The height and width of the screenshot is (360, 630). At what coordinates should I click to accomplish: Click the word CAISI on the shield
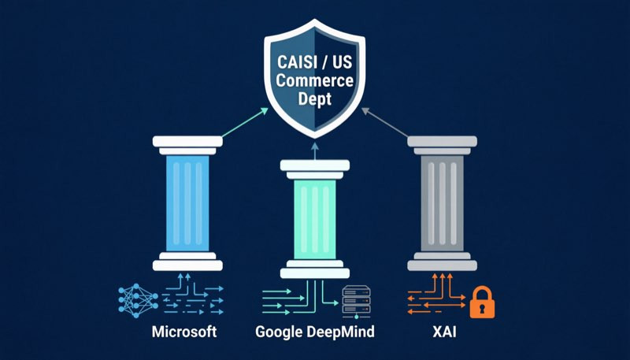[x=298, y=62]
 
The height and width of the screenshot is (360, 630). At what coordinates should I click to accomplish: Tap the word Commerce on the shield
[x=314, y=80]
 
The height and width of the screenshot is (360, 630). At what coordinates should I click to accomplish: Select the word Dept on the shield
[x=314, y=98]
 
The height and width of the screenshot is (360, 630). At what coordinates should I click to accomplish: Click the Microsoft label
[x=184, y=332]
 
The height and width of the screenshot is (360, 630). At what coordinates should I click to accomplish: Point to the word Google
[x=280, y=332]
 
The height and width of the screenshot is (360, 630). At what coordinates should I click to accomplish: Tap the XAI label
[x=444, y=332]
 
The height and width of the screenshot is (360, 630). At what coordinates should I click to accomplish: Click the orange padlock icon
[x=482, y=302]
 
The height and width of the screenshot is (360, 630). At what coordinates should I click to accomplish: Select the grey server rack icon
[x=356, y=302]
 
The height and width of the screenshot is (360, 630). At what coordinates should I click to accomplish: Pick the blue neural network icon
[x=139, y=300]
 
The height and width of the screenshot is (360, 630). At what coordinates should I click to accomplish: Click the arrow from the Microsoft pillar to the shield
[x=245, y=122]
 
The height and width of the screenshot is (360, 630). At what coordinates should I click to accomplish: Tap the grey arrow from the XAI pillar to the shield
[x=385, y=122]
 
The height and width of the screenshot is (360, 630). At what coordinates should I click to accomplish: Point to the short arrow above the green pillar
[x=314, y=151]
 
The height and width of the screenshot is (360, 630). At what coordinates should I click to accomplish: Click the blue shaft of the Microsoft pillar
[x=187, y=204]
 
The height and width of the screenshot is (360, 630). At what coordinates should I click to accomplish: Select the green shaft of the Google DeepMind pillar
[x=314, y=219]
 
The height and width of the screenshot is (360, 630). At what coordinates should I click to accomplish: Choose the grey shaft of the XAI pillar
[x=442, y=204]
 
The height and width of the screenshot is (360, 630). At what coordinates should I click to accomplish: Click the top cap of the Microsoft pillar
[x=187, y=142]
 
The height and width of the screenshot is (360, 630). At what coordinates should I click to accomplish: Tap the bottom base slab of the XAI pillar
[x=442, y=265]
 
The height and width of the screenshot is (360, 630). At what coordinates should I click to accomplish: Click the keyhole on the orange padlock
[x=482, y=308]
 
